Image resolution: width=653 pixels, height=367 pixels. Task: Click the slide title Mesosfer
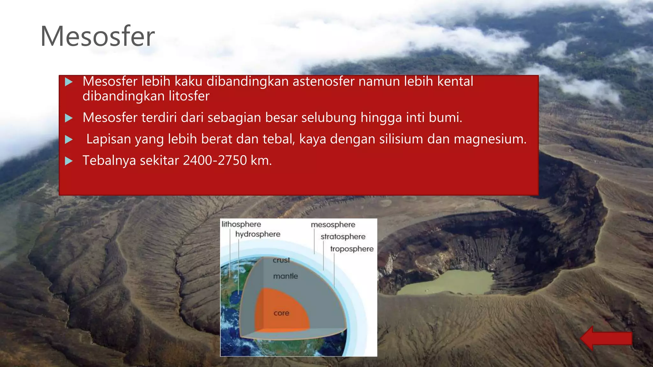coord(97,36)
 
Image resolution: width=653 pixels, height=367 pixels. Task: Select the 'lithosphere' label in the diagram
coord(241,224)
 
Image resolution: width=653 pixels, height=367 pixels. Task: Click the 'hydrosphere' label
coord(258,234)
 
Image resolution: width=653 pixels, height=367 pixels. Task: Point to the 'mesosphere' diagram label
coord(333,225)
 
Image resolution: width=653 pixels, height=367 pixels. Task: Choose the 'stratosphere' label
coord(343,237)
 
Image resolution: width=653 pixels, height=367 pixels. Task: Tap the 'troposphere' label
coord(352,249)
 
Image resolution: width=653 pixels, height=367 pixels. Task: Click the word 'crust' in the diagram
coord(281,260)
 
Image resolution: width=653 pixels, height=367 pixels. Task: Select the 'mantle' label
coord(285,276)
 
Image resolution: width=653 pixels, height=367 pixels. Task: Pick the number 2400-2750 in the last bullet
coord(215,160)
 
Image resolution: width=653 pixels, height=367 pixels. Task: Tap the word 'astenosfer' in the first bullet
coord(323,82)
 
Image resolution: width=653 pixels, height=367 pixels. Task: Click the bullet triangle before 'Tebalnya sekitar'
coord(69,161)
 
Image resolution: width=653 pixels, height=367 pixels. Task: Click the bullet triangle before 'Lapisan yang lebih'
coord(69,140)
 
